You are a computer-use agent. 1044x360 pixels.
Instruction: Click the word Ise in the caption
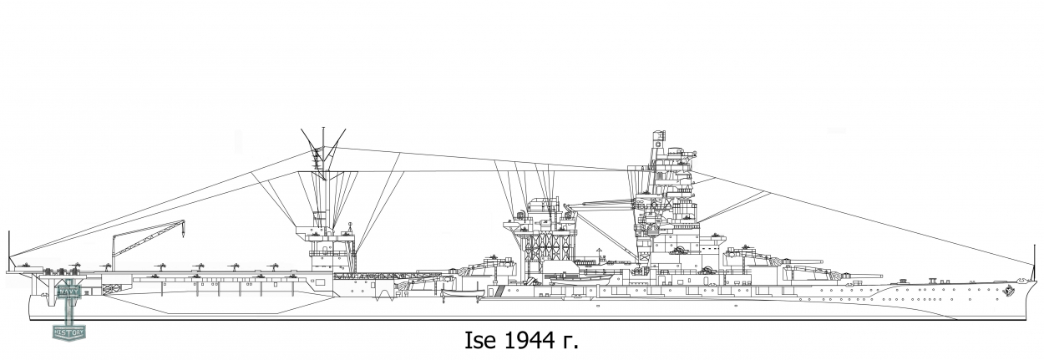click(481, 342)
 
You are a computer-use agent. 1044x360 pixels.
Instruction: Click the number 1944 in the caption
click(529, 342)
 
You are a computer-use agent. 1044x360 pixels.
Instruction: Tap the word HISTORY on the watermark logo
click(68, 332)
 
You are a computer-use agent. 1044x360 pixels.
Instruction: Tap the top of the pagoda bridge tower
click(657, 136)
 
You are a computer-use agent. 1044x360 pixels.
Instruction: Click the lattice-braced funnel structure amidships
click(546, 242)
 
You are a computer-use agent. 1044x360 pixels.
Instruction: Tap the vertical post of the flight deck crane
click(115, 251)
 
